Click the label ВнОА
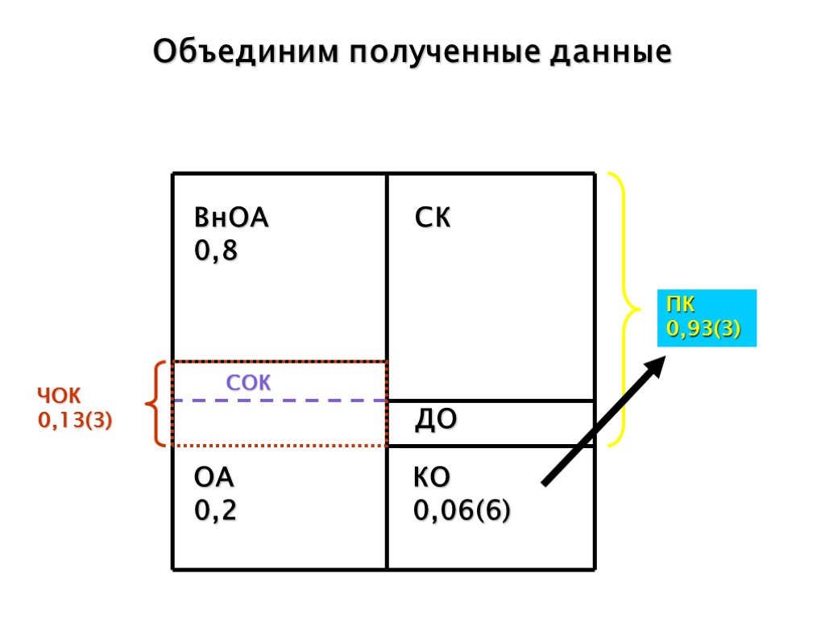click(x=231, y=218)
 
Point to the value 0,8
click(x=216, y=252)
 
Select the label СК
click(x=433, y=218)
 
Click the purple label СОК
click(x=248, y=384)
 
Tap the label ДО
click(x=436, y=420)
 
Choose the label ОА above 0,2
click(x=214, y=478)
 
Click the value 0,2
click(x=216, y=511)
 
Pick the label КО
click(x=432, y=478)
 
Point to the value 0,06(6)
click(x=462, y=511)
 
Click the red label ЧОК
click(x=59, y=396)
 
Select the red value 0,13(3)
click(x=75, y=420)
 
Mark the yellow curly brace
click(x=624, y=309)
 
